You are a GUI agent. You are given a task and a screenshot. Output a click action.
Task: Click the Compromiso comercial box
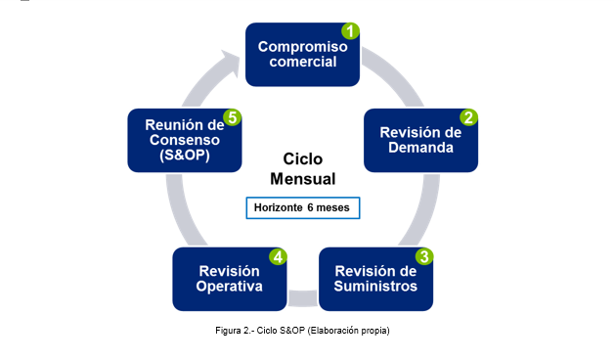point(301,55)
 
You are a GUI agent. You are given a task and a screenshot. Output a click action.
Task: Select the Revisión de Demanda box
point(420,140)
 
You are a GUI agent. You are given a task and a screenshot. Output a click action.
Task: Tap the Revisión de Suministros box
point(375,278)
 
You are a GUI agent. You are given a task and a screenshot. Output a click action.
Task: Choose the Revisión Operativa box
point(229,278)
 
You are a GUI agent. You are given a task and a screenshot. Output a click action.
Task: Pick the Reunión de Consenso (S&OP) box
point(184,140)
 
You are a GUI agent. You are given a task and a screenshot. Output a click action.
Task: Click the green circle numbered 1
point(350,31)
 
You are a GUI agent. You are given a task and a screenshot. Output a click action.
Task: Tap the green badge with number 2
point(469,117)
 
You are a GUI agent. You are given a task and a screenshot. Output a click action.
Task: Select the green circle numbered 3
point(424,256)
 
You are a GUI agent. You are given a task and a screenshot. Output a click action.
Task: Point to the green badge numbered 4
point(279,256)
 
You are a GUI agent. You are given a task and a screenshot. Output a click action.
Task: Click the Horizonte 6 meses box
point(303,208)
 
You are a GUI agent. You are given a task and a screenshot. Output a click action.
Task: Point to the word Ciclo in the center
point(302,159)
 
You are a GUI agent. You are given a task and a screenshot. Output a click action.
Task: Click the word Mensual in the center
point(302,179)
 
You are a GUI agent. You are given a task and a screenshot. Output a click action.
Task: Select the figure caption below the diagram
point(302,332)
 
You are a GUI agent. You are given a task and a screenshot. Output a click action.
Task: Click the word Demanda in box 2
point(420,149)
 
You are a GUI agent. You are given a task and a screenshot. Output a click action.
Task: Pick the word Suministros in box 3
point(375,287)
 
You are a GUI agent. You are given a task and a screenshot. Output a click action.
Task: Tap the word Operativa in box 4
point(229,287)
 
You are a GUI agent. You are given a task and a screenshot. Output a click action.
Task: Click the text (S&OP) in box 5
point(184,157)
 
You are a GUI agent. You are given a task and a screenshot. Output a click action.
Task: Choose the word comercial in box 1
point(302,62)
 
